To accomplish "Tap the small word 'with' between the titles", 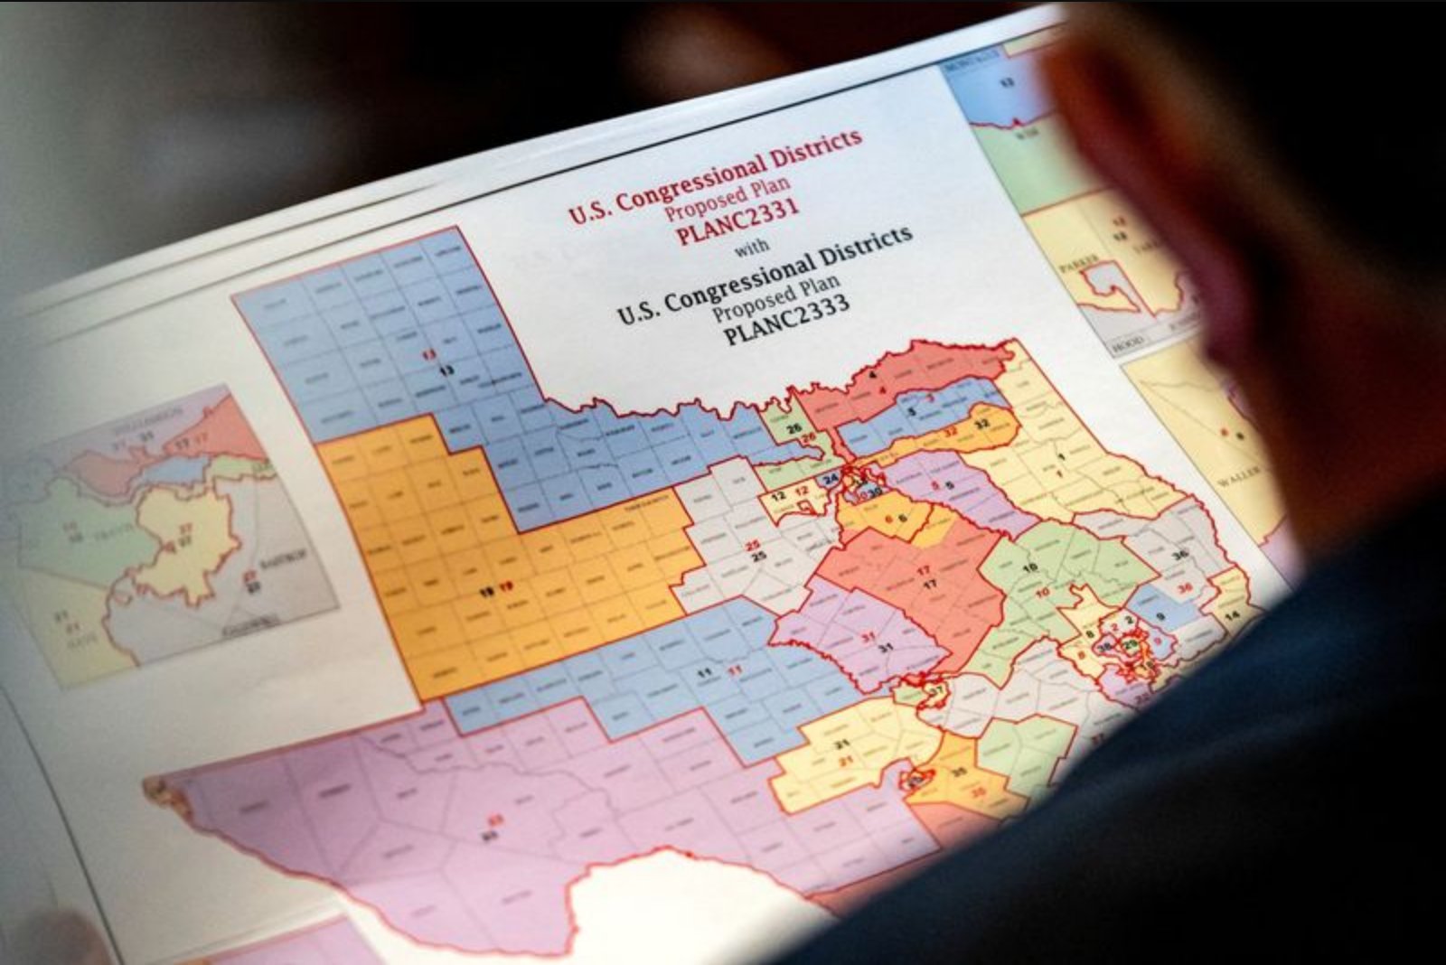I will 752,246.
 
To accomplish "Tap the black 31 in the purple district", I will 886,647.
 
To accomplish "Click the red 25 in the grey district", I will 752,545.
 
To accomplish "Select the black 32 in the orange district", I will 982,423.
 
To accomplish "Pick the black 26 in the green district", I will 793,427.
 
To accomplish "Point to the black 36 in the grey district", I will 1178,555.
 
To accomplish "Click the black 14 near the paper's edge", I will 1232,616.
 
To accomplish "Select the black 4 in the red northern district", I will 872,373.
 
